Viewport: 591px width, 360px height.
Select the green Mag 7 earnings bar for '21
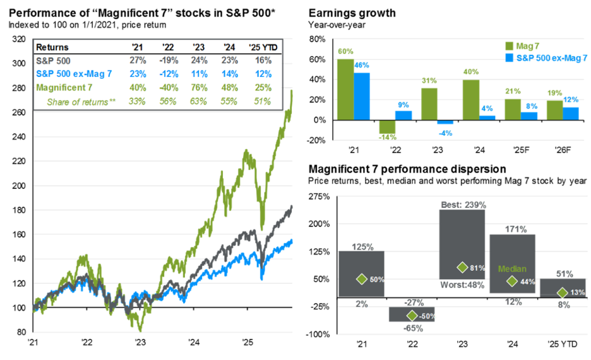tap(345, 90)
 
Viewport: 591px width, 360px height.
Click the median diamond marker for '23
tap(462, 267)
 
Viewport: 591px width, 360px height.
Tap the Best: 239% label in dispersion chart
tap(462, 205)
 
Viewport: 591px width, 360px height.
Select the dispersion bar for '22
tap(411, 314)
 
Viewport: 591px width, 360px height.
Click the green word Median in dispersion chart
tap(512, 268)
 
